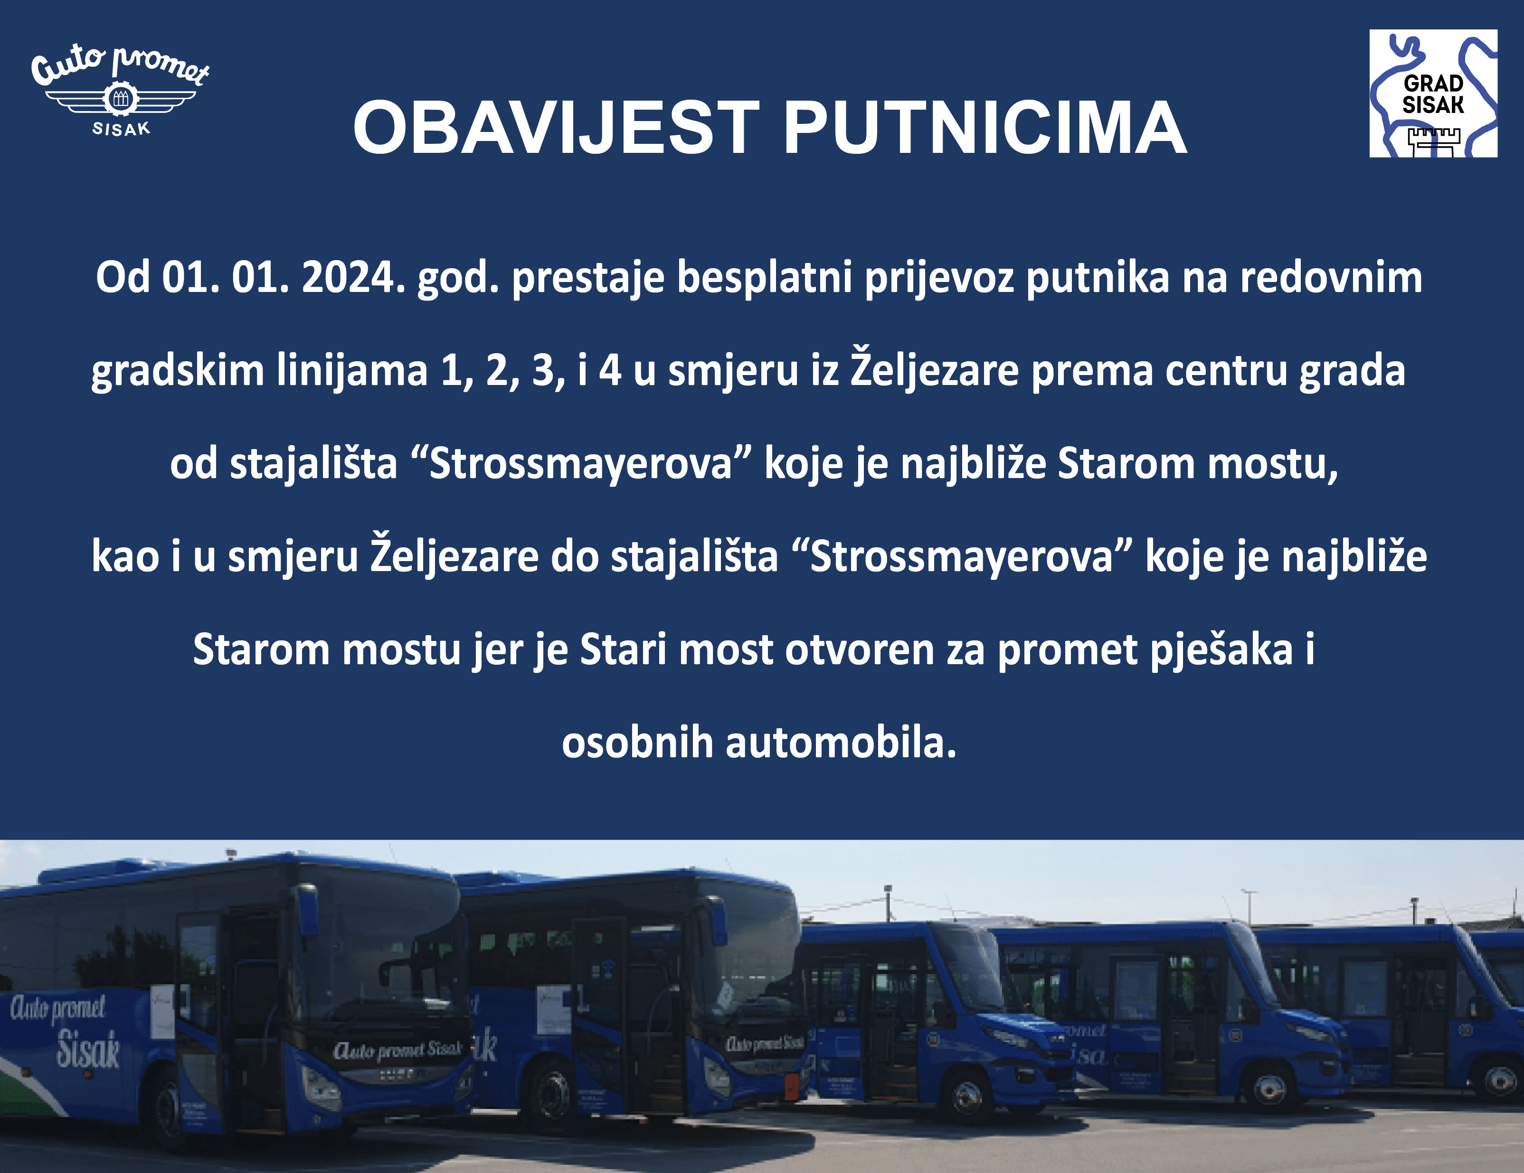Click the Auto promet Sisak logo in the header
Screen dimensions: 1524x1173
120,91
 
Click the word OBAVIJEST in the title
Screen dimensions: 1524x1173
556,128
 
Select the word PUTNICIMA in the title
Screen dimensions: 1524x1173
984,128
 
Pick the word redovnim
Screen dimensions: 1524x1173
1331,278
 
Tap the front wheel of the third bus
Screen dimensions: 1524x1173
968,1100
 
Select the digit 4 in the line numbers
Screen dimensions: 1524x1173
610,370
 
